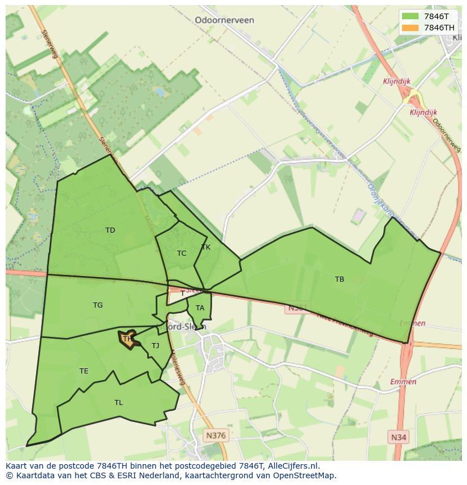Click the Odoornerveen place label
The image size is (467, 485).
tap(224, 20)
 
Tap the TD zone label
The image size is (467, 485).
tap(110, 230)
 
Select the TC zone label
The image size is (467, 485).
tap(181, 253)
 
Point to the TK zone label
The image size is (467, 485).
tap(206, 247)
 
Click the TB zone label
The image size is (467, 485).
tap(339, 279)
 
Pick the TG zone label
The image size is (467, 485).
tap(98, 305)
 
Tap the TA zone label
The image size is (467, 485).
tap(200, 308)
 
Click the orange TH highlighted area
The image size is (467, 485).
tap(127, 339)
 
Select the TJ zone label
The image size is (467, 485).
tap(155, 346)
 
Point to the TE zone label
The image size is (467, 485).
tap(83, 371)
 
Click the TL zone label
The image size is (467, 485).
tap(118, 402)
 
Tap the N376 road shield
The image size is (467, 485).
tap(215, 435)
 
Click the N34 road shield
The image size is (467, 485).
tap(398, 437)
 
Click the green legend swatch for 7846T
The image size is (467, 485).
tap(411, 16)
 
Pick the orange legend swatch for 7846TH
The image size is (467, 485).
tap(411, 28)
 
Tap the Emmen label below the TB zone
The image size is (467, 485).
tap(412, 323)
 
